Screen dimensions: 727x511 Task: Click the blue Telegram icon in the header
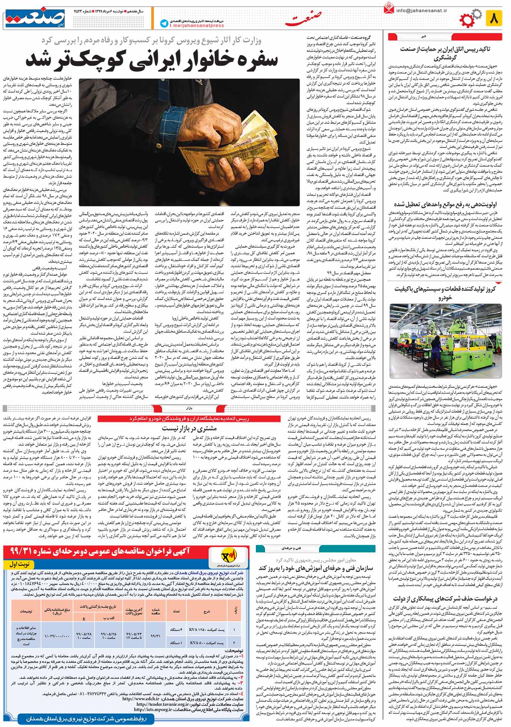pos(164,23)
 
